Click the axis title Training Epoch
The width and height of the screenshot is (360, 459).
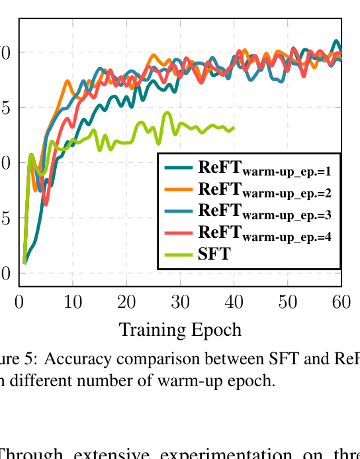coord(180,329)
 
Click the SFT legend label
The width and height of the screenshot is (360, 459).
coord(214,253)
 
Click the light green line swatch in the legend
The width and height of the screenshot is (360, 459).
coord(179,253)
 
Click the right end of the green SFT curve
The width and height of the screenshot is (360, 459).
coord(234,127)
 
